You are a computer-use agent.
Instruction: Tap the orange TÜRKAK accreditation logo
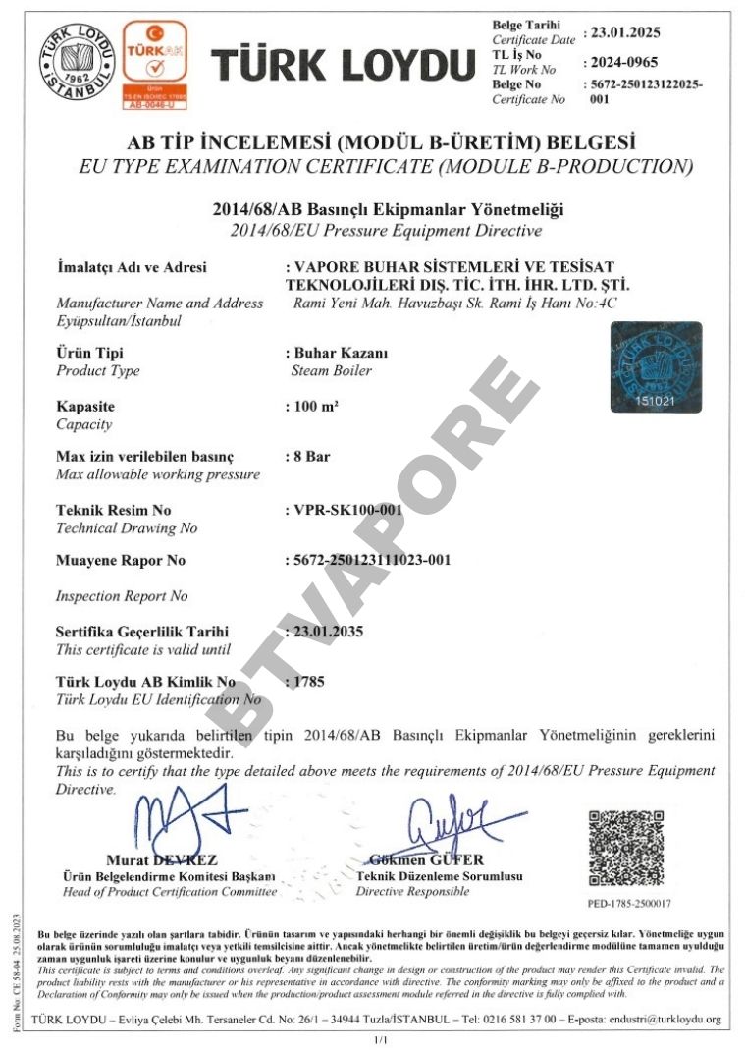coord(153,61)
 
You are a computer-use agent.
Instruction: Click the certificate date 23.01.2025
coord(624,32)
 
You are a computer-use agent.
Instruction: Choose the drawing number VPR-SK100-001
coord(339,510)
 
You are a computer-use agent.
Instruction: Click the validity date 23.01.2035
coord(326,631)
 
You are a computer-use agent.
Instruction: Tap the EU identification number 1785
coord(306,680)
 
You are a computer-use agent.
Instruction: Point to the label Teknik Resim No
coord(114,510)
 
